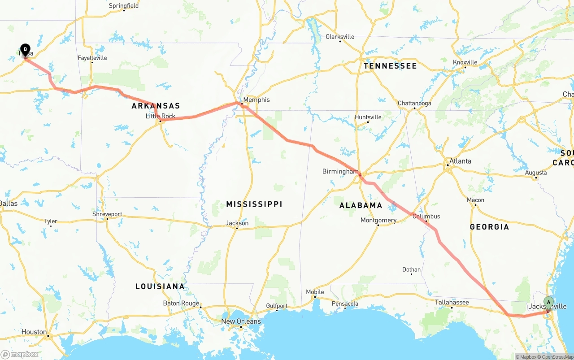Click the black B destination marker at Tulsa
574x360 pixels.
26,49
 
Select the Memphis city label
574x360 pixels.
257,100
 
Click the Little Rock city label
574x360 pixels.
161,116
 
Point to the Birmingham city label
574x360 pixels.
340,171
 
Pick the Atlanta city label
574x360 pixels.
460,161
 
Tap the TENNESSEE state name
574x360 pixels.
390,66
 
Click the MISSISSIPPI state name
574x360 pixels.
254,204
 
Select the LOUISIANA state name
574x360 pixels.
160,286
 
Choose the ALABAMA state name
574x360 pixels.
361,205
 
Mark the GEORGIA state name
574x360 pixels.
489,227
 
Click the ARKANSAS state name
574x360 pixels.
156,106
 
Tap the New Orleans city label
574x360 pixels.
241,321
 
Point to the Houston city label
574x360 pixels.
34,332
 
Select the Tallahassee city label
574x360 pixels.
452,302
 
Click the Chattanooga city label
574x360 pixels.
414,103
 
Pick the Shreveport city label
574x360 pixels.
107,214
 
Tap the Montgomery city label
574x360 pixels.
378,220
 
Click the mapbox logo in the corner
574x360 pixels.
20,354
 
